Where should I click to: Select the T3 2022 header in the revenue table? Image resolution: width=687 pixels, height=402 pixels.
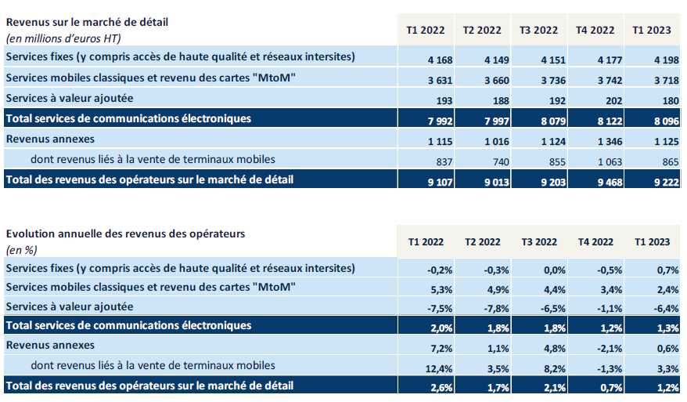(539, 31)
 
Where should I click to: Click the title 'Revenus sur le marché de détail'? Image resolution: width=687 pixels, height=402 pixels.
(87, 22)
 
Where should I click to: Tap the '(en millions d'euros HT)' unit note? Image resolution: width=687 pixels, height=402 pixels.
(63, 37)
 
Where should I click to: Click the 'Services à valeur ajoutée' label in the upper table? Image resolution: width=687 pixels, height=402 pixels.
(70, 99)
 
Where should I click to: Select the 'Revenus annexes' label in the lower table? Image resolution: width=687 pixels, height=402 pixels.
(50, 346)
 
